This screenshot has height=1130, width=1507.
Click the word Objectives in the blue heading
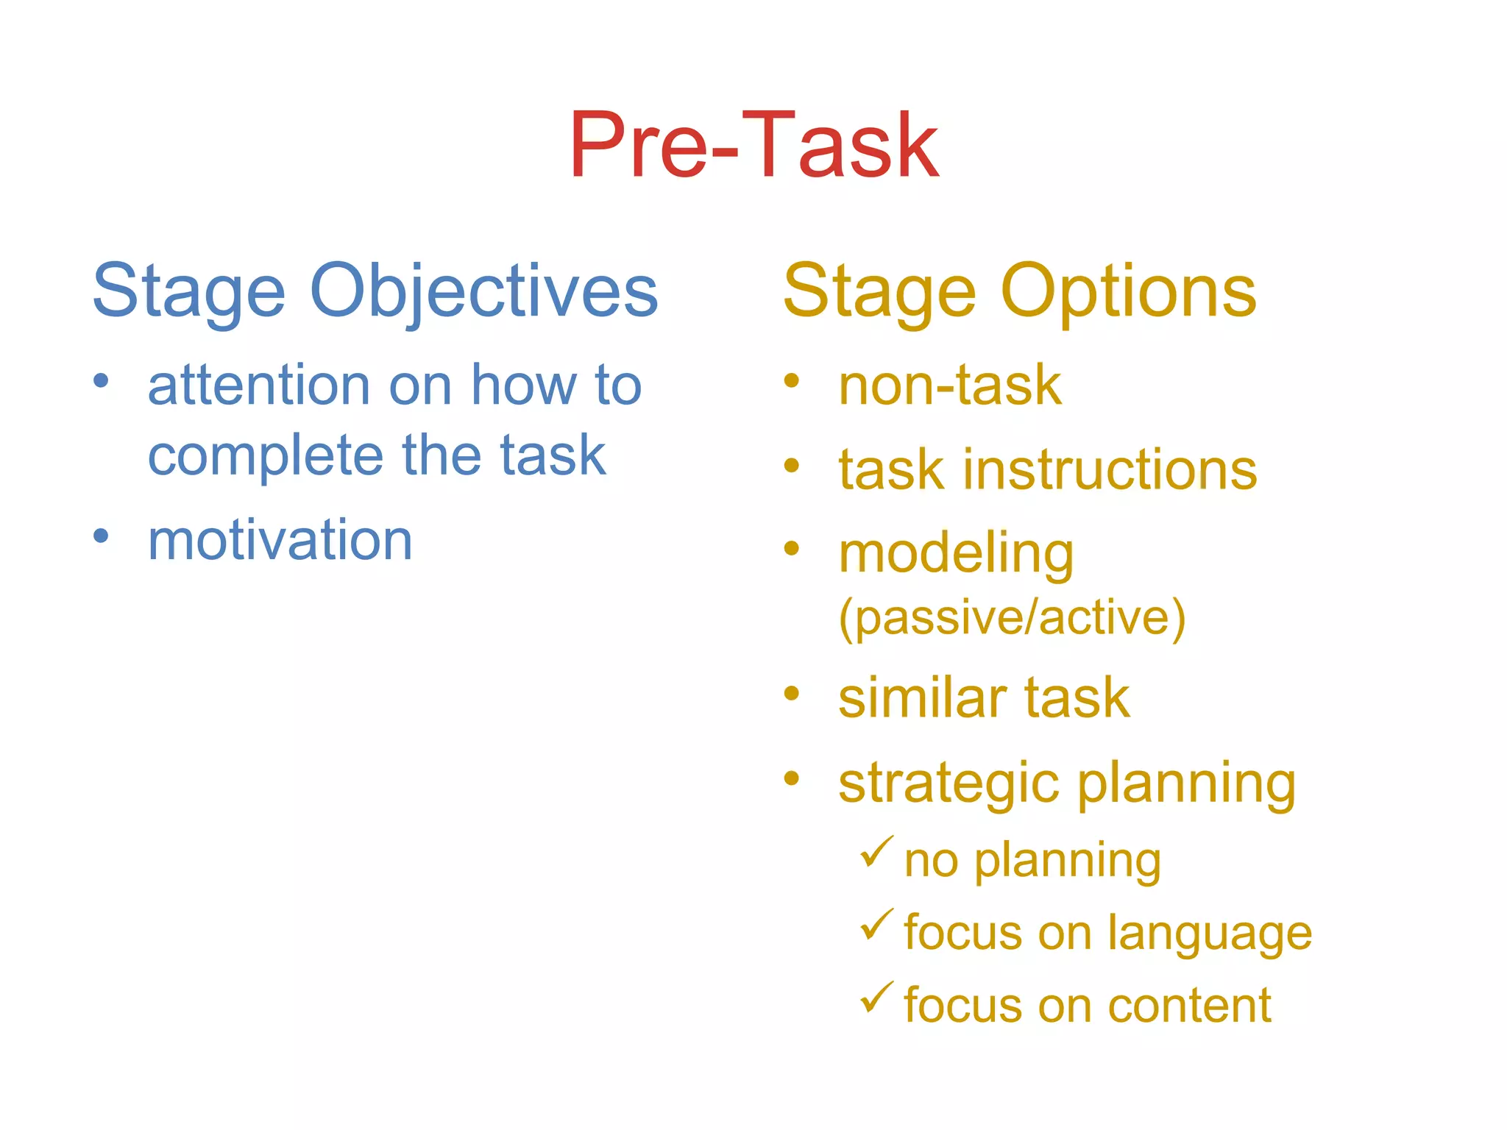(483, 291)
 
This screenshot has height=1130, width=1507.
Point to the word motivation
(280, 540)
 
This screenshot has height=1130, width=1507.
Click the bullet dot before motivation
(101, 536)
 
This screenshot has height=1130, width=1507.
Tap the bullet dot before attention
(101, 381)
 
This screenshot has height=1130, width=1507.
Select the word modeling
(955, 553)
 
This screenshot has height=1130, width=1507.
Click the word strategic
(949, 783)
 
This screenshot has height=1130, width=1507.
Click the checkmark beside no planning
(876, 852)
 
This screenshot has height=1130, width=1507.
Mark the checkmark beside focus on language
(876, 925)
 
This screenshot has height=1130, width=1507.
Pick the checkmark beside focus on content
(876, 998)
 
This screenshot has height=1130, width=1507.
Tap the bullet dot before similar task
(791, 693)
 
